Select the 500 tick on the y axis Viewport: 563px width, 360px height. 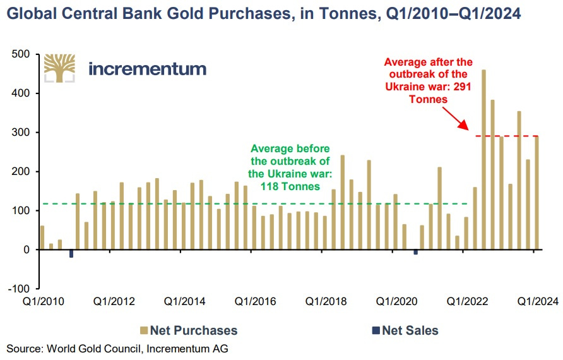coord(21,55)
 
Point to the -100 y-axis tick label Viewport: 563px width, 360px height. coord(20,289)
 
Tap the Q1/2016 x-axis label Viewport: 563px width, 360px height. coord(256,302)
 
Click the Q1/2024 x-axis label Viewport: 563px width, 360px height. coord(538,302)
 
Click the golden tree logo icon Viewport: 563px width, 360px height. coord(59,68)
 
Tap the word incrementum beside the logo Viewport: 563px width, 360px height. coord(147,69)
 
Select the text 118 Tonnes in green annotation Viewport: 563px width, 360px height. coord(290,188)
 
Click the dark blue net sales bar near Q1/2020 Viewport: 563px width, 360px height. coord(415,252)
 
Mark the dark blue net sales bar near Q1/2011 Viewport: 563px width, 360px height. coord(71,253)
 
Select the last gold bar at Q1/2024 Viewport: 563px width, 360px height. coord(536,193)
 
